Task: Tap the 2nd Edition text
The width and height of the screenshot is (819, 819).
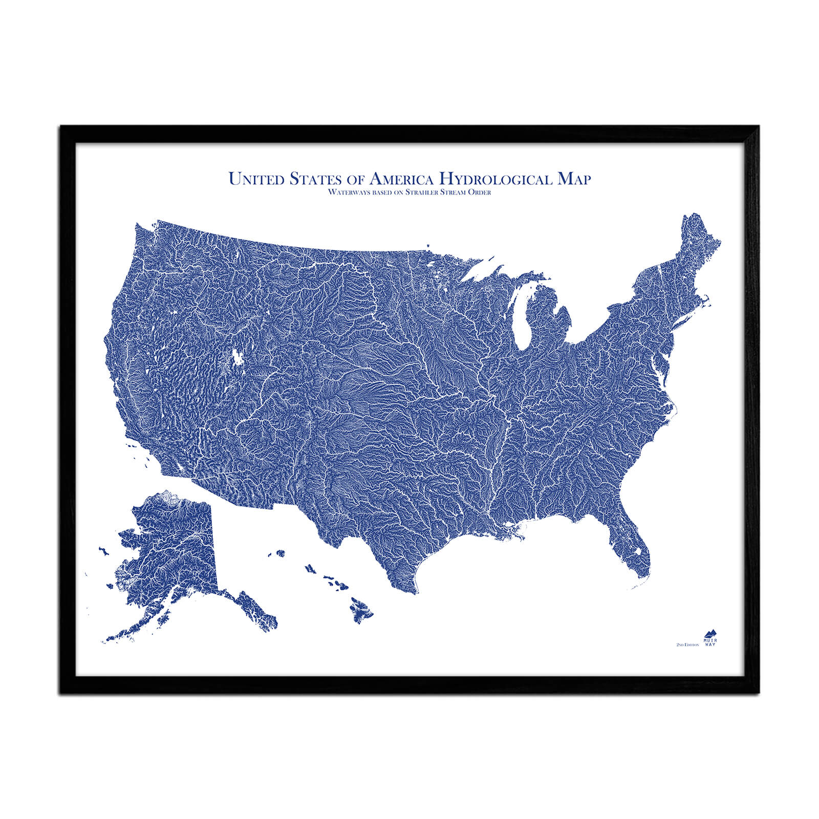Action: [687, 644]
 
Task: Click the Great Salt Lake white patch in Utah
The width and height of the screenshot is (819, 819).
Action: [238, 357]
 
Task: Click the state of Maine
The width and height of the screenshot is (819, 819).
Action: [699, 246]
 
